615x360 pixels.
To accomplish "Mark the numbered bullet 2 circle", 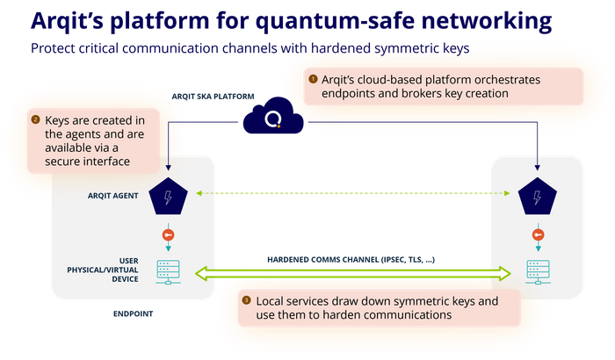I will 35,119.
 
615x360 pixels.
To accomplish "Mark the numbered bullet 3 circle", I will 246,300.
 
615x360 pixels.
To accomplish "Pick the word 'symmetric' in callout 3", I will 419,300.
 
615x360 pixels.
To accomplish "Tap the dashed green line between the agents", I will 351,192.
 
